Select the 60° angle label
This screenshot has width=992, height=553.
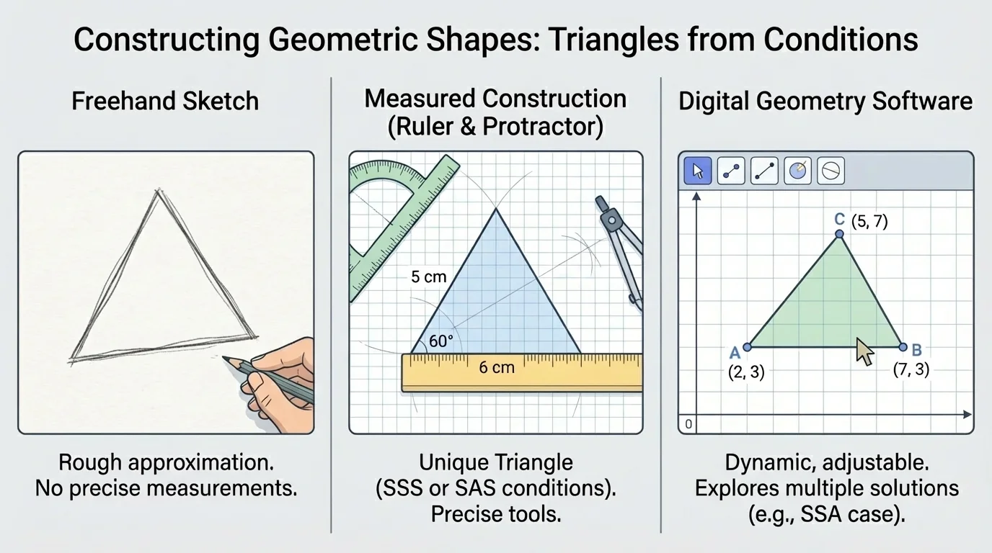click(x=440, y=341)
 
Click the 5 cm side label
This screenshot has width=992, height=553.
click(x=429, y=276)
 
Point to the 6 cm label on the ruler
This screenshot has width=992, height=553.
click(x=497, y=367)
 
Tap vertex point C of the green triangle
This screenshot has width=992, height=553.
click(x=838, y=234)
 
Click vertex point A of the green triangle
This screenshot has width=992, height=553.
click(x=748, y=347)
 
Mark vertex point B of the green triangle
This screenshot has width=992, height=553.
click(x=903, y=347)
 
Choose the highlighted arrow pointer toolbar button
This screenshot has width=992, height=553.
click(x=697, y=171)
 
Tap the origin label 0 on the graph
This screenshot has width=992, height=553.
click(x=688, y=425)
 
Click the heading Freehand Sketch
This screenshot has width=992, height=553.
click(x=165, y=101)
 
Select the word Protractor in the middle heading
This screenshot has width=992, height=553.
click(x=542, y=126)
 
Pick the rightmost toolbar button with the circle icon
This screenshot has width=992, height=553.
click(x=831, y=171)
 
